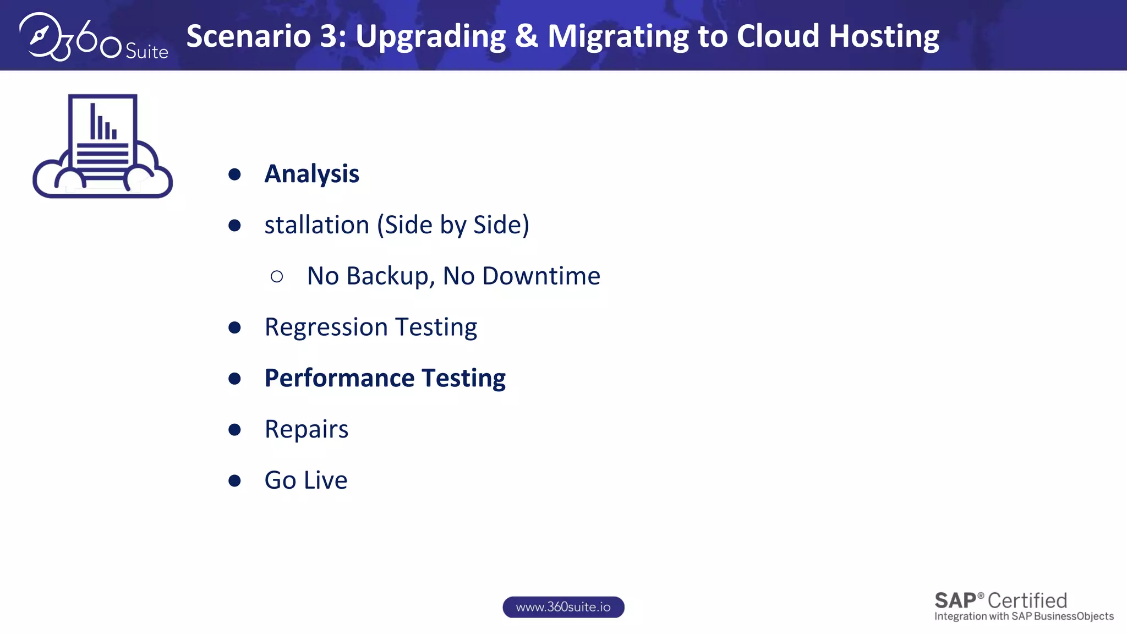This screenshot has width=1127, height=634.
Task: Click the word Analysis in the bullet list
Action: click(311, 174)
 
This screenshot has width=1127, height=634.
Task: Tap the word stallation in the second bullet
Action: click(316, 225)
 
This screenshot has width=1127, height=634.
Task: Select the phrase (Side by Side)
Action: click(453, 225)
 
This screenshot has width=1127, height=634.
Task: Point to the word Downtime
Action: click(541, 276)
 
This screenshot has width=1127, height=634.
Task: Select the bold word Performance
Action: click(340, 379)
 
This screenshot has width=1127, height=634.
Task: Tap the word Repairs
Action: click(307, 429)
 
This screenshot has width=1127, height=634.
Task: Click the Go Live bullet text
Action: click(306, 480)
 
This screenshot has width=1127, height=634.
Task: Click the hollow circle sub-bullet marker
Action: click(277, 276)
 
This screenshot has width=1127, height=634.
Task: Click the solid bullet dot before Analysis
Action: click(234, 174)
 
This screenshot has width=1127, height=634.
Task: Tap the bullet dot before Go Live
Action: click(234, 480)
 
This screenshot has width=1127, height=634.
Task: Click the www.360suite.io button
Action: click(563, 607)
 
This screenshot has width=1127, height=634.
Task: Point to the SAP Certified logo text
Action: click(1000, 600)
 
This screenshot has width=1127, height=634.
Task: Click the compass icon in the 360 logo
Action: click(40, 35)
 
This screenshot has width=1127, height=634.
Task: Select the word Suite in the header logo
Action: click(146, 52)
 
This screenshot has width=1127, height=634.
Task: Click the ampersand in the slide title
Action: click(526, 36)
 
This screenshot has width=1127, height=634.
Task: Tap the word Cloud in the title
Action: click(778, 36)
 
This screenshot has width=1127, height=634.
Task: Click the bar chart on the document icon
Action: click(103, 122)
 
